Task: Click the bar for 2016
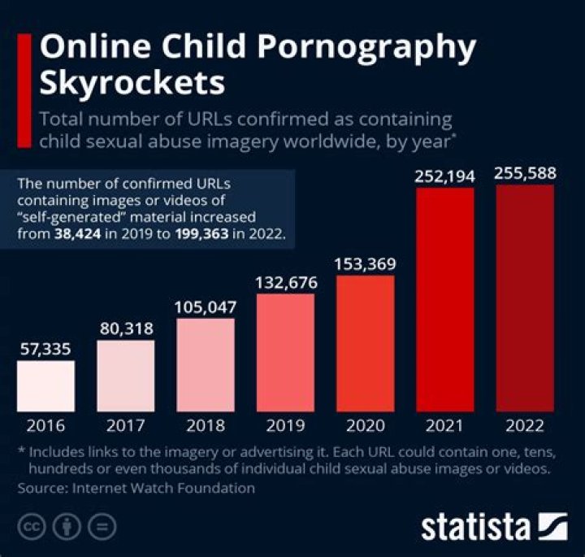coord(45,387)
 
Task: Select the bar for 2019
coord(285,354)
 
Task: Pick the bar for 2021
coord(444,300)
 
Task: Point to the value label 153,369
coord(365,264)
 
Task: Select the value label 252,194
coord(444,173)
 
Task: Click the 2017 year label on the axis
coord(125,425)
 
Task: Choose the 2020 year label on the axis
coord(365,425)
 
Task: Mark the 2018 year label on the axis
coord(206,425)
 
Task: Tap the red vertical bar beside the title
coord(24,89)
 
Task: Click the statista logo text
coord(475,527)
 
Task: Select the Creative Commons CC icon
coord(31,526)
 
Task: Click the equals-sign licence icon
coord(102,526)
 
